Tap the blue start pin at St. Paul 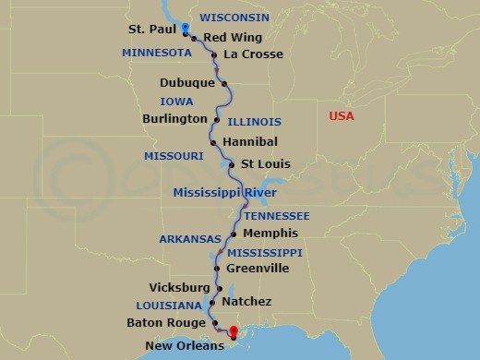tap(186, 29)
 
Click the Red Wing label tap(233, 38)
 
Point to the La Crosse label tap(253, 54)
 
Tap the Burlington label tap(175, 119)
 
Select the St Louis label tap(266, 164)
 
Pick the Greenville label tap(258, 269)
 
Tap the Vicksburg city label tap(179, 288)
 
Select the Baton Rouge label tap(165, 323)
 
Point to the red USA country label tap(342, 116)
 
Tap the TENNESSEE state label tap(277, 215)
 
